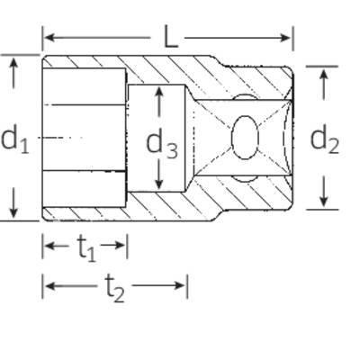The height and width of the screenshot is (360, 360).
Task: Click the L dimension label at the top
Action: [x=171, y=37]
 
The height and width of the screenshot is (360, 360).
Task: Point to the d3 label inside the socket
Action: [x=162, y=143]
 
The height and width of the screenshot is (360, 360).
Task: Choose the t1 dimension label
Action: [x=86, y=247]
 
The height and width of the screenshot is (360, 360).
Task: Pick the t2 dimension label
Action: [x=114, y=287]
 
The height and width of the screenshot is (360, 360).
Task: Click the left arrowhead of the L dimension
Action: [x=49, y=38]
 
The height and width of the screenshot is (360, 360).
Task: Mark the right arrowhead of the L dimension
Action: [x=285, y=38]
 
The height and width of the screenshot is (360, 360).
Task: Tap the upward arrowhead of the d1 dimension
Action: [x=13, y=63]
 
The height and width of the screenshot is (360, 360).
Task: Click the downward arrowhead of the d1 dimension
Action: [x=13, y=212]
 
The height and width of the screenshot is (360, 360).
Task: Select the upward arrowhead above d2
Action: [x=323, y=74]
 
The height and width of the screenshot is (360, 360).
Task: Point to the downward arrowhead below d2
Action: [x=323, y=201]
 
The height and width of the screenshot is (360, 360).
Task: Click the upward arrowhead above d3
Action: [x=159, y=92]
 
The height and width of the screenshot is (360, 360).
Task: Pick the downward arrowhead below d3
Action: [x=159, y=184]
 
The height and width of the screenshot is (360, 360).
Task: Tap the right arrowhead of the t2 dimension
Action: [x=180, y=285]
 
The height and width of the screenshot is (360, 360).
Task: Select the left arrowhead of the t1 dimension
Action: [x=49, y=246]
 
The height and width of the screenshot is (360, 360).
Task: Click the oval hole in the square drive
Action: [x=245, y=138]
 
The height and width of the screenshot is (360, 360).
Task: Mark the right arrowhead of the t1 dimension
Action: [x=120, y=246]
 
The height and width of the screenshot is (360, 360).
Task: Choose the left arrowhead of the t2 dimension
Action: [x=49, y=285]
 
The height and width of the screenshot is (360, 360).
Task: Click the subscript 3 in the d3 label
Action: [x=172, y=150]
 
